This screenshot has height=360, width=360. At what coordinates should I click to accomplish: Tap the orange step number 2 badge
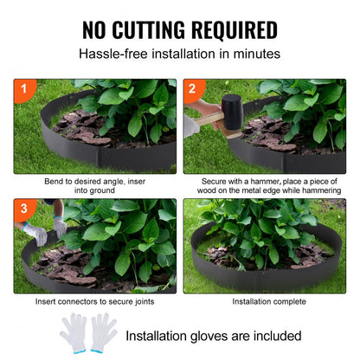191,88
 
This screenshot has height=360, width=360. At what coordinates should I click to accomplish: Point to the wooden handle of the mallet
204,121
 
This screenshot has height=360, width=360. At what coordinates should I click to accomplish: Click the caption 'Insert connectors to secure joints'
94,302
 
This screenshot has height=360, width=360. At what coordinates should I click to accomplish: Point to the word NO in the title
98,29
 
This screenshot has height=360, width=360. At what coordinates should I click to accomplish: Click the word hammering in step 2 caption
319,190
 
